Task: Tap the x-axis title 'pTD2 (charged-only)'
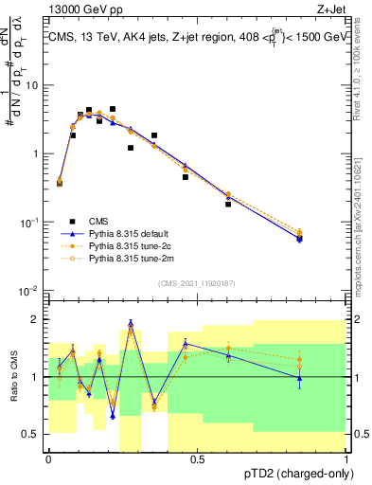coord(296,474)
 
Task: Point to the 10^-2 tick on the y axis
coord(30,290)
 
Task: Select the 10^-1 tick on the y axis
coord(30,222)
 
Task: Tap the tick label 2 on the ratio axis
coord(37,319)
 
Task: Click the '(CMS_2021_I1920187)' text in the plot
coord(198,283)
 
